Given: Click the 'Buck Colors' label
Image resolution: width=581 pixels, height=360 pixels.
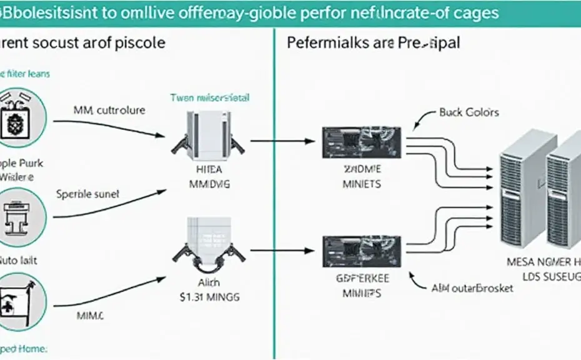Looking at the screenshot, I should [x=469, y=112].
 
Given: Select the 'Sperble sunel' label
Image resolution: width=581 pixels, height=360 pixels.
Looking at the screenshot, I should [x=87, y=194].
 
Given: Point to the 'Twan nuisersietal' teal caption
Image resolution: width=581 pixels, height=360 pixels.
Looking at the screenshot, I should [x=210, y=98].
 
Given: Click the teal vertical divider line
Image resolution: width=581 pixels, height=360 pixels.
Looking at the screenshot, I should [x=273, y=187].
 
